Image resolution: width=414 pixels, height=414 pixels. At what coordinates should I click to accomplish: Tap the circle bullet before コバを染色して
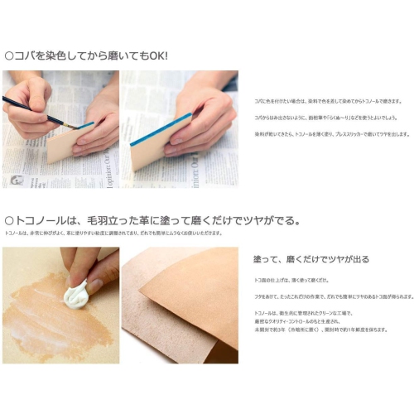(x=9, y=55)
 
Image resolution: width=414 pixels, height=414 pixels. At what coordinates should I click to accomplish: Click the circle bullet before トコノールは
(x=9, y=220)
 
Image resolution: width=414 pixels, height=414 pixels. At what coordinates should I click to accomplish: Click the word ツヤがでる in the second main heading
(x=273, y=220)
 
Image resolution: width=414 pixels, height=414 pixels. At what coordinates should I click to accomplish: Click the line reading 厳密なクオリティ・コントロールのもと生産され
(x=302, y=320)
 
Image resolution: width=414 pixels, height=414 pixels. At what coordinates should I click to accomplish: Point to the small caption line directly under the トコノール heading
(x=108, y=235)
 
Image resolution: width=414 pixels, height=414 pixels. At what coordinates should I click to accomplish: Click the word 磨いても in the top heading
(x=124, y=55)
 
